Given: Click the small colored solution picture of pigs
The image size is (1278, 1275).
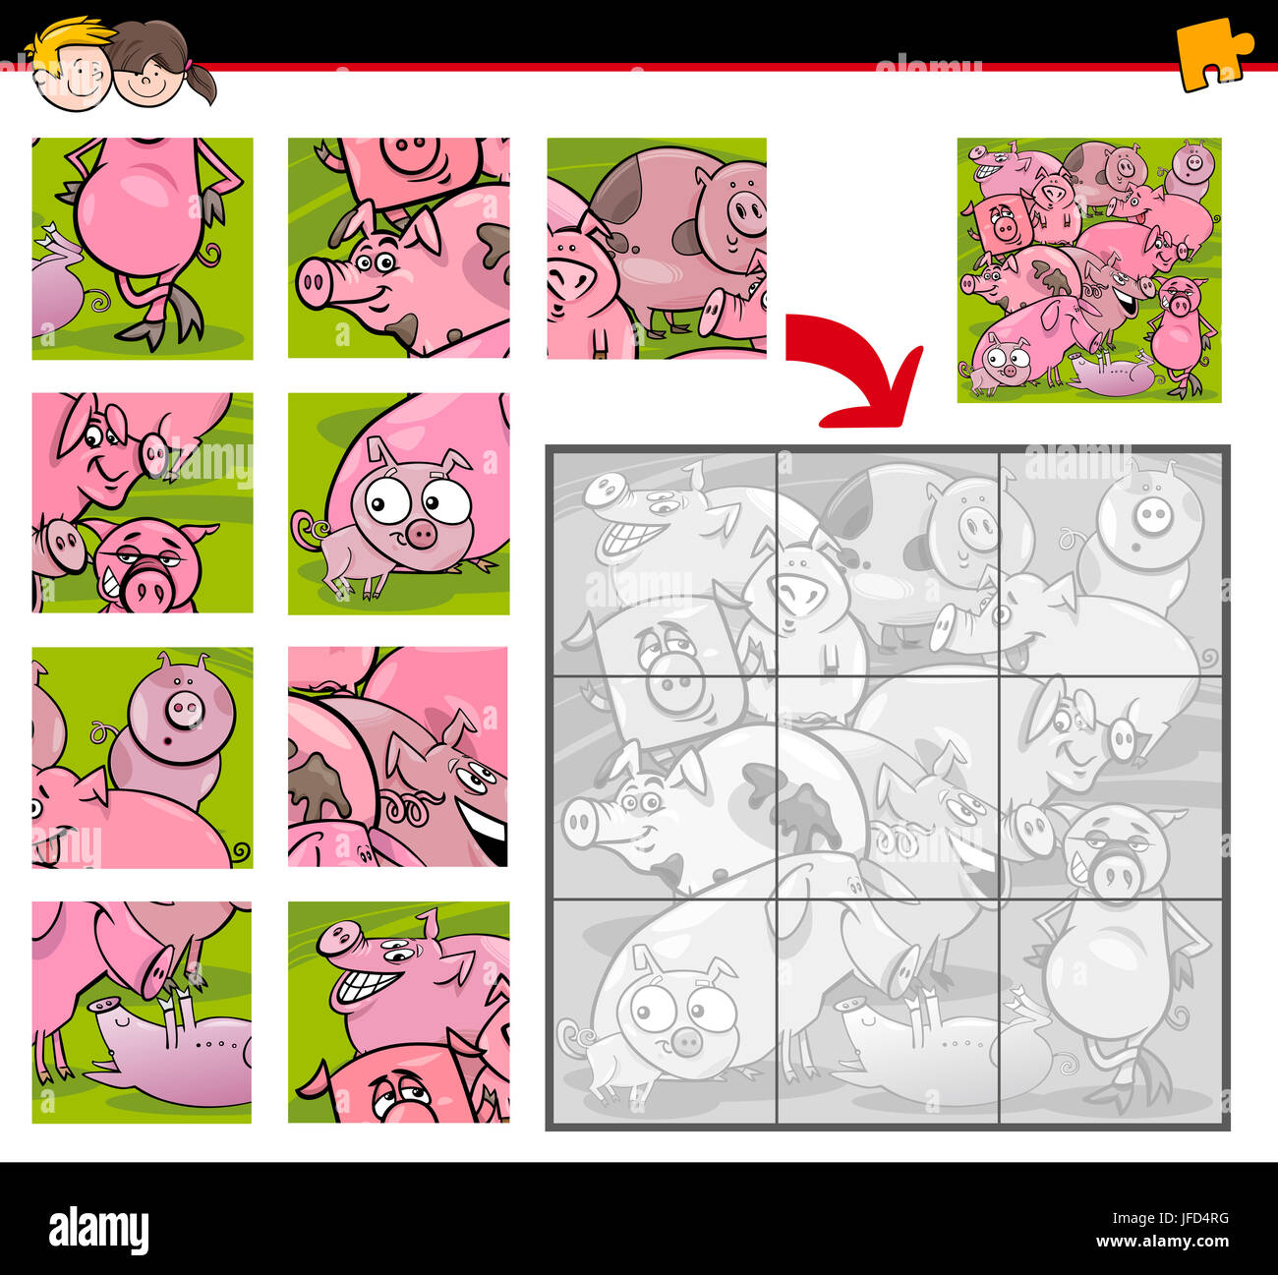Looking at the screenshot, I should pyautogui.click(x=1089, y=270).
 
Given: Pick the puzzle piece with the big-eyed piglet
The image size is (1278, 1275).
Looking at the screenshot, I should pyautogui.click(x=398, y=503).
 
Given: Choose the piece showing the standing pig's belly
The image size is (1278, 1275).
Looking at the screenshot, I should pyautogui.click(x=143, y=248).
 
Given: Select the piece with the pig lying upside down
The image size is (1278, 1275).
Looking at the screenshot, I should pyautogui.click(x=142, y=1012).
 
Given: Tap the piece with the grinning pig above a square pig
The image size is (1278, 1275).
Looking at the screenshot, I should pyautogui.click(x=398, y=1012).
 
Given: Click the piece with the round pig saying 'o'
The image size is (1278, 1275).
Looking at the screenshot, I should pyautogui.click(x=142, y=757).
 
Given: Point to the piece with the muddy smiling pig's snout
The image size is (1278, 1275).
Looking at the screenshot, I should pyautogui.click(x=398, y=248).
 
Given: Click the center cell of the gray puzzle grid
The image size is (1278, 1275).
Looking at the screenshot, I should pyautogui.click(x=888, y=786).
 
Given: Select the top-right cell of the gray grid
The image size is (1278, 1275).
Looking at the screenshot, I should pyautogui.click(x=1111, y=562).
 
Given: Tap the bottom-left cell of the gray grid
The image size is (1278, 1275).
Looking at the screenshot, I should pyautogui.click(x=665, y=1010).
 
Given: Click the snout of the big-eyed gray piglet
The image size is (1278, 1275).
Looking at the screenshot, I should pyautogui.click(x=685, y=1041).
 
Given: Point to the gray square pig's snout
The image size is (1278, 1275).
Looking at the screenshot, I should pyautogui.click(x=673, y=685).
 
